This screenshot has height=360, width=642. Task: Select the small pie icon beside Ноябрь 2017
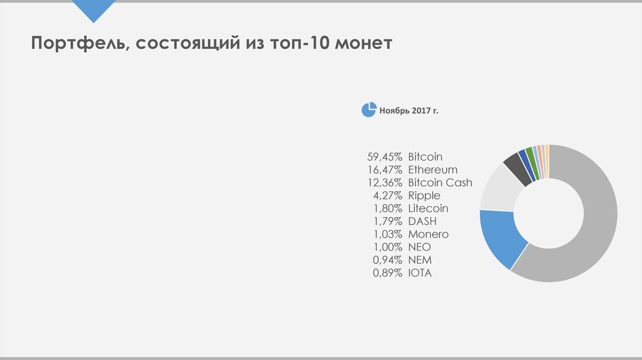pos(369,109)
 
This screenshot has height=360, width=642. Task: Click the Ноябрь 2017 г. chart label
pos(409,110)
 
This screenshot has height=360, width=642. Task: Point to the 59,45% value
pos(384,157)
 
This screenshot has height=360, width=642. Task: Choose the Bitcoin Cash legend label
pos(440,183)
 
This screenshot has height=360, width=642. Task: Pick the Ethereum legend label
pos(433,169)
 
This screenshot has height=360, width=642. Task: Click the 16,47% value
pos(384,169)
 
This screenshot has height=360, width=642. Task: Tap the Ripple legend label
pos(424,196)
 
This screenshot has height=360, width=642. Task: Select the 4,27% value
pos(387,196)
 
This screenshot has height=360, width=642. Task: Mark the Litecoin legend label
pos(428,208)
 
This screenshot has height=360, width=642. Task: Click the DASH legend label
pos(422,221)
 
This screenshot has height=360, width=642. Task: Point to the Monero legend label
pos(428,234)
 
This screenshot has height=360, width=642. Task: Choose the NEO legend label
pos(419,247)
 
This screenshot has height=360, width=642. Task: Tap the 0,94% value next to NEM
pos(387,260)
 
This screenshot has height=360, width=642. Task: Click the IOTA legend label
pos(420,273)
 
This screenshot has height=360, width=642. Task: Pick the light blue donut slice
pos(500,238)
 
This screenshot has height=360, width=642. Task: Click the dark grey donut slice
pos(515,166)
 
